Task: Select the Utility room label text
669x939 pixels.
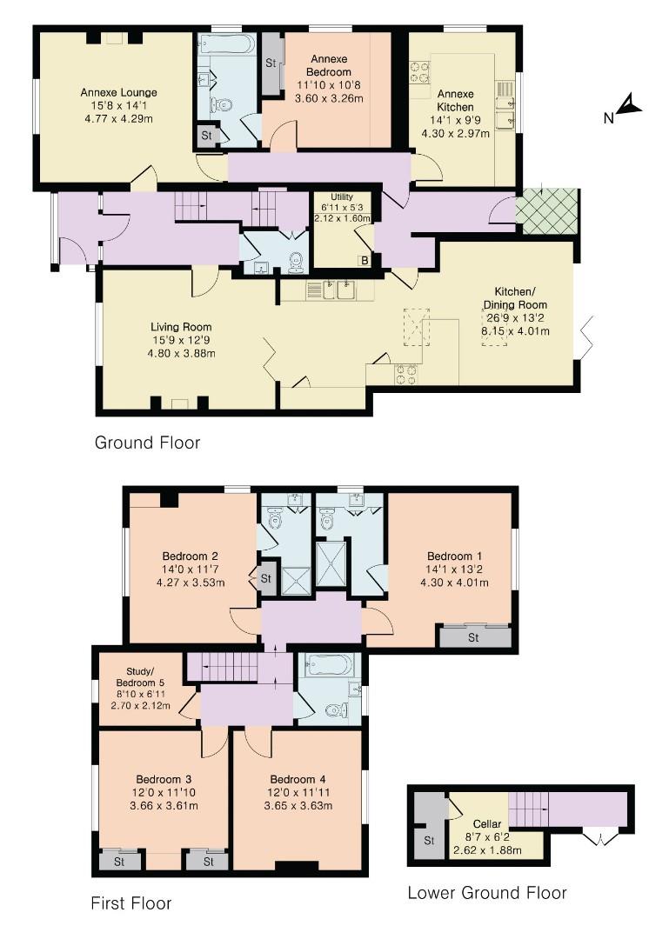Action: [x=334, y=198]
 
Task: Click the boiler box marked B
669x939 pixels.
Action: [x=365, y=259]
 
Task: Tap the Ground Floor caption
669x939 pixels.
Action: [x=147, y=443]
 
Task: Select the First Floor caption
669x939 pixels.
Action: [x=131, y=903]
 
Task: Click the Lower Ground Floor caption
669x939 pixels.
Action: [x=487, y=892]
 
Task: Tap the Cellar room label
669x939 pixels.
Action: [x=487, y=823]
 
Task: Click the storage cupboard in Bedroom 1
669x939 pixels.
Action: [x=473, y=637]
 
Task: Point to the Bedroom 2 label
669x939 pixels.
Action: [x=190, y=556]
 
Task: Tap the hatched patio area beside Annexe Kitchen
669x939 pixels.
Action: [x=546, y=212]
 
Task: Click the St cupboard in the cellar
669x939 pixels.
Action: [x=429, y=841]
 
